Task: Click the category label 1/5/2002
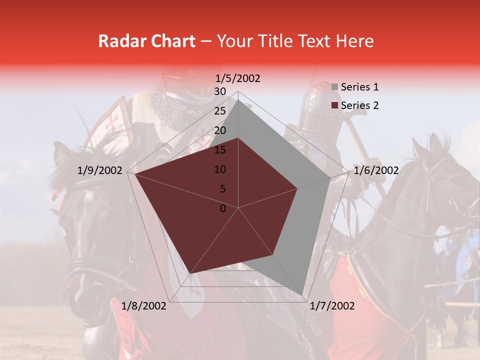click(238, 78)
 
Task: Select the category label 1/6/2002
click(376, 170)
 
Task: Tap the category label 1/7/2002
click(332, 306)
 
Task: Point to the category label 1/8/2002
click(144, 306)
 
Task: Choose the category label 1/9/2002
click(100, 170)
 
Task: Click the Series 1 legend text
click(359, 87)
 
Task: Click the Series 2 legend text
click(359, 105)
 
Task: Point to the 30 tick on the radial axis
click(220, 91)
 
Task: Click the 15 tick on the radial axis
click(220, 150)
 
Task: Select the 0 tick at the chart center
click(223, 208)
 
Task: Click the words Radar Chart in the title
click(146, 41)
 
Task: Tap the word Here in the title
click(354, 41)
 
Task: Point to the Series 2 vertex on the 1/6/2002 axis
click(297, 188)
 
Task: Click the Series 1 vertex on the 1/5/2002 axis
click(238, 99)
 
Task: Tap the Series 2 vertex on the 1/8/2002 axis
click(190, 274)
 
